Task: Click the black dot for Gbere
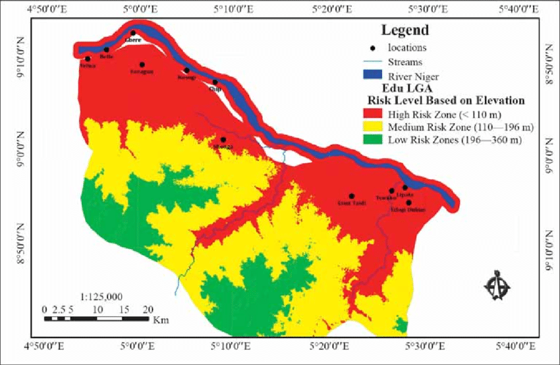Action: coord(133,33)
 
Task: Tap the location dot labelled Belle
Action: coord(106,49)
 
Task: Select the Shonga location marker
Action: coord(223,140)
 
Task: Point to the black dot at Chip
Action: coord(215,82)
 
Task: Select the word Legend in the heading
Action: coord(405,30)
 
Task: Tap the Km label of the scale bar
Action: coord(159,321)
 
